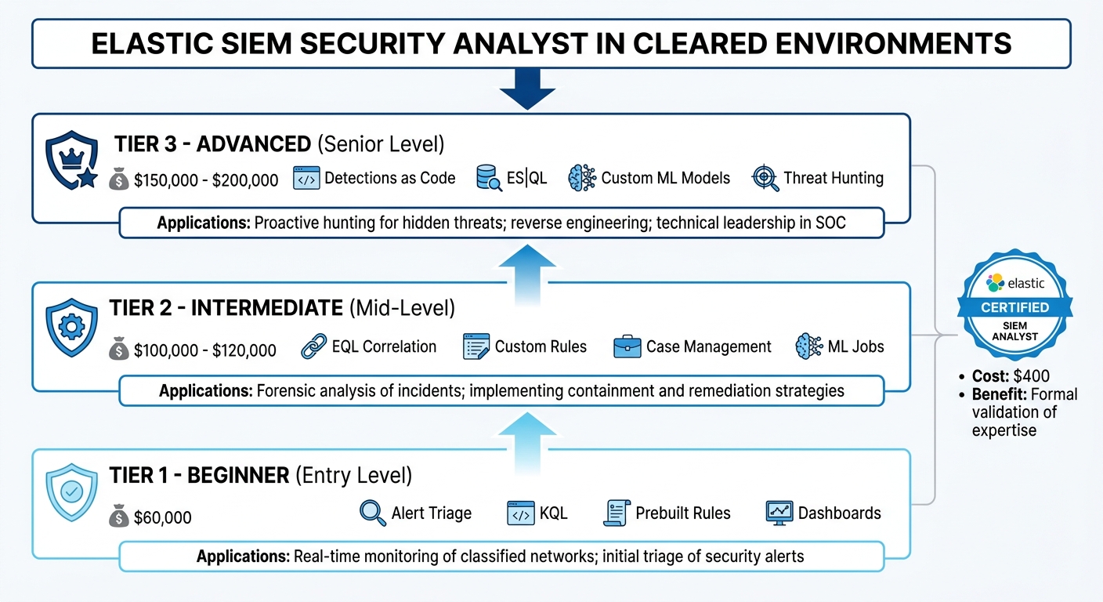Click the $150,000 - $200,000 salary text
pyautogui.click(x=206, y=180)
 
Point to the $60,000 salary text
pyautogui.click(x=163, y=517)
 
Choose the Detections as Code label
pyautogui.click(x=389, y=178)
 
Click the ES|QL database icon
pyautogui.click(x=489, y=178)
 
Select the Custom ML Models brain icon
pyautogui.click(x=582, y=178)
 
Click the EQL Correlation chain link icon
pyautogui.click(x=314, y=346)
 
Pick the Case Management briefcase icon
pyautogui.click(x=627, y=346)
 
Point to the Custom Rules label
pyautogui.click(x=541, y=346)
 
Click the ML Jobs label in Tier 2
pyautogui.click(x=855, y=346)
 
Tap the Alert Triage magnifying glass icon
pyautogui.click(x=372, y=513)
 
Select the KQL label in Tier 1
pyautogui.click(x=553, y=513)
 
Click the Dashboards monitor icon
pyautogui.click(x=779, y=513)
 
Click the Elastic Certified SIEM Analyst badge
pyautogui.click(x=1014, y=306)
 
